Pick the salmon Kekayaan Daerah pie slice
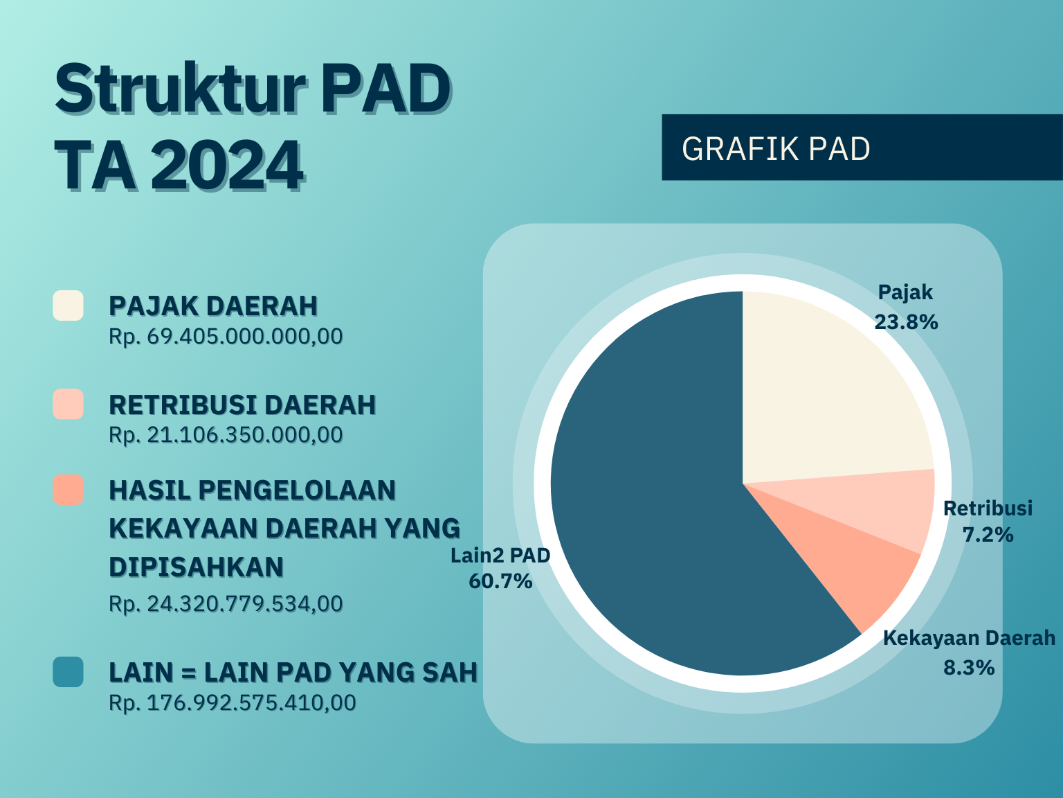click(x=853, y=562)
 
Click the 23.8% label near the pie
click(x=906, y=322)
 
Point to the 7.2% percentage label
click(x=988, y=535)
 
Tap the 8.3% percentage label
click(x=969, y=668)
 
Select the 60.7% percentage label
click(x=501, y=581)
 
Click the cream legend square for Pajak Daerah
click(x=68, y=305)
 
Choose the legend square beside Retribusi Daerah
click(x=68, y=404)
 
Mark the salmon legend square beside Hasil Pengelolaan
click(x=68, y=489)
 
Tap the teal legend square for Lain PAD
click(x=68, y=671)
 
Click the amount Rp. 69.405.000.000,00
click(x=226, y=337)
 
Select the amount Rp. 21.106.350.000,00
click(x=226, y=435)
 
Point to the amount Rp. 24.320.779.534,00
click(x=226, y=604)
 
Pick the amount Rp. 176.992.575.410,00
click(x=233, y=703)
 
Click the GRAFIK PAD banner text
click(x=776, y=149)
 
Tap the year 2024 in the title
click(x=228, y=165)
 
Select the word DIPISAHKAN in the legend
click(x=196, y=567)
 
